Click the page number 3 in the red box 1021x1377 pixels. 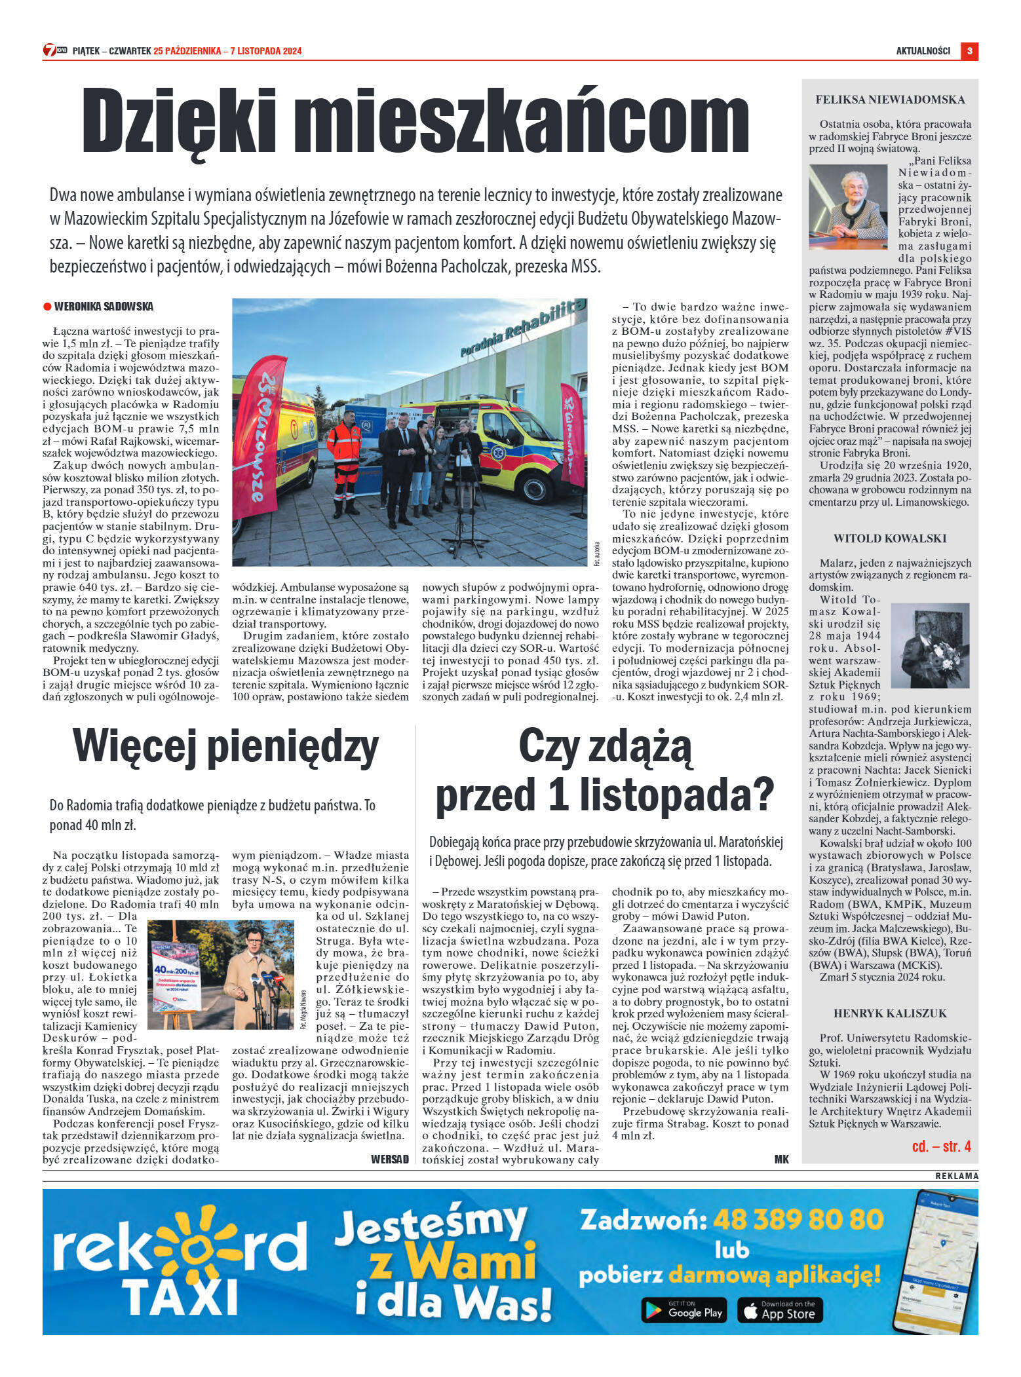969,51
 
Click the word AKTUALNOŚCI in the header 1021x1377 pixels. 923,51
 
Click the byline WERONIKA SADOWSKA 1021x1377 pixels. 104,307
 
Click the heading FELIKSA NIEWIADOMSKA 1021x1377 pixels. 890,100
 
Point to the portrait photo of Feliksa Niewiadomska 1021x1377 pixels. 848,206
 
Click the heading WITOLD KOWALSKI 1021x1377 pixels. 890,538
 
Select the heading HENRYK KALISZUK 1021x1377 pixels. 890,1013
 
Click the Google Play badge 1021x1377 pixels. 685,1310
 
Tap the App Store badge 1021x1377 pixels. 780,1310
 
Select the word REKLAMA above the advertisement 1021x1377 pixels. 957,1176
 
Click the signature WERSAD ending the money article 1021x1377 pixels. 389,1160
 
